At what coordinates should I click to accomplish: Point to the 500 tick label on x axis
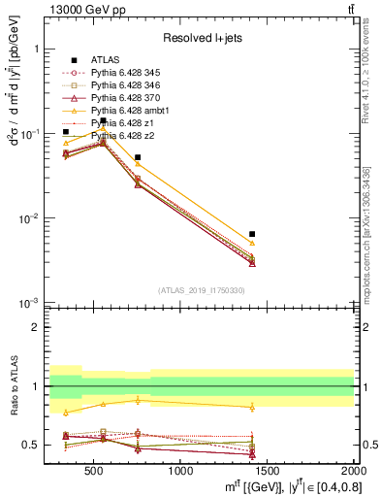(94, 472)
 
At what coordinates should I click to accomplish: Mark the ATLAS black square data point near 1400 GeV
(252, 234)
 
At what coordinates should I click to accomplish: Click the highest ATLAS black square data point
(104, 121)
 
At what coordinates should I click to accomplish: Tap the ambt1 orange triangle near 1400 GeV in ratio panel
(252, 407)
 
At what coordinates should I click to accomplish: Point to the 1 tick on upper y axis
(36, 48)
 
